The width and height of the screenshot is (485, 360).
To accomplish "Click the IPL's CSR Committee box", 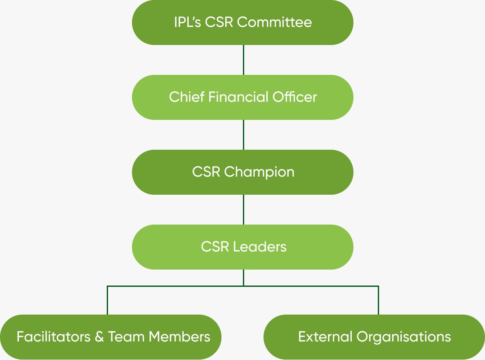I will coord(242,22).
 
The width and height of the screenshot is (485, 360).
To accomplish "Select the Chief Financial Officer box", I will coord(242,97).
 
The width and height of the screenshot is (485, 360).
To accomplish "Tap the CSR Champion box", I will coord(242,172).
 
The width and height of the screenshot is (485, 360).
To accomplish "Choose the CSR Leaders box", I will coord(242,247).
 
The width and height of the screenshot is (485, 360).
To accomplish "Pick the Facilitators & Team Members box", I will coord(111,337).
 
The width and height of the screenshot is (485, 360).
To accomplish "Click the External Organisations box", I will coord(374,337).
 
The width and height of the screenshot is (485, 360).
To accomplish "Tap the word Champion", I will coord(259,172).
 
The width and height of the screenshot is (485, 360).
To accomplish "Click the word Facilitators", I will coord(53,337).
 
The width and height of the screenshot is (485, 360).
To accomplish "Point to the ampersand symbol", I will coord(99,337).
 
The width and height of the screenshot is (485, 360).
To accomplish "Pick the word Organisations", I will coord(403,337).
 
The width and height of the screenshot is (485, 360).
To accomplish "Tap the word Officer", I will coord(295,97).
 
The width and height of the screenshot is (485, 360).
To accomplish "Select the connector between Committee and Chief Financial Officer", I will coord(243,60).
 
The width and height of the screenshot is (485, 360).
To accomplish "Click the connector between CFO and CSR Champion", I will coord(243,135).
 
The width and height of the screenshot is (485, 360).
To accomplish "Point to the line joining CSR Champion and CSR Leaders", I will coord(243,209).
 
